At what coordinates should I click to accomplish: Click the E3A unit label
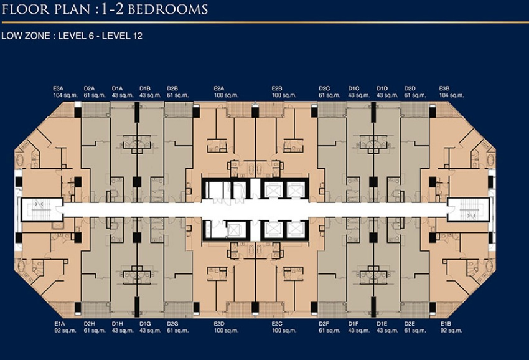pyautogui.click(x=58, y=88)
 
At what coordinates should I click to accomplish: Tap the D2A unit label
pyautogui.click(x=89, y=88)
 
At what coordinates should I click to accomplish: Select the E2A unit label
pyautogui.click(x=219, y=88)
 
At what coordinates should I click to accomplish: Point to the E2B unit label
pyautogui.click(x=277, y=88)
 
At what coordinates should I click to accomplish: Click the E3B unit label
pyautogui.click(x=444, y=88)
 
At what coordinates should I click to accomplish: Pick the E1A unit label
pyautogui.click(x=59, y=324)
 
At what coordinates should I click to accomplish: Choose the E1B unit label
pyautogui.click(x=446, y=324)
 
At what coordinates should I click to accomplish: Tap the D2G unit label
pyautogui.click(x=172, y=324)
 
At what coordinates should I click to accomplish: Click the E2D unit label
pyautogui.click(x=219, y=324)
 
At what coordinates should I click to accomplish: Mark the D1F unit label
pyautogui.click(x=353, y=324)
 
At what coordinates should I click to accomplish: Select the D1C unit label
pyautogui.click(x=354, y=88)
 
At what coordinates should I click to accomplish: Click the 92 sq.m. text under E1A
pyautogui.click(x=65, y=331)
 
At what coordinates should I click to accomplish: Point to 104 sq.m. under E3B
pyautogui.click(x=451, y=95)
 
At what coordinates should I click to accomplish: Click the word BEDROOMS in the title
pyautogui.click(x=168, y=9)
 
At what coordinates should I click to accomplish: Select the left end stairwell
pyautogui.click(x=42, y=209)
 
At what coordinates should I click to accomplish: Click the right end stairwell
pyautogui.click(x=468, y=209)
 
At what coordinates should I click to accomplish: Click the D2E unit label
pyautogui.click(x=410, y=324)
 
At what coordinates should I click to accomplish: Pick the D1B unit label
pyautogui.click(x=145, y=88)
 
